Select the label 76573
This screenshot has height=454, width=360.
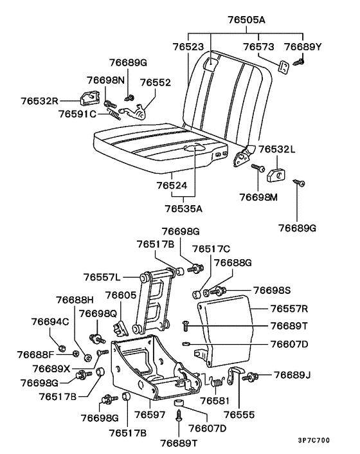pyautogui.click(x=258, y=47)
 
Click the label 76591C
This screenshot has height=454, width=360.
pyautogui.click(x=76, y=114)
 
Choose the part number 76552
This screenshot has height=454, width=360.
pyautogui.click(x=156, y=82)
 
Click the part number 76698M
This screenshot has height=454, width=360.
pyautogui.click(x=258, y=197)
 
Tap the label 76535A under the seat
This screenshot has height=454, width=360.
pyautogui.click(x=183, y=208)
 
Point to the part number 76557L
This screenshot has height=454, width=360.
pyautogui.click(x=102, y=277)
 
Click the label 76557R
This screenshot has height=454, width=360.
pyautogui.click(x=289, y=309)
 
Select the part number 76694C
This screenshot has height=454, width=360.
pyautogui.click(x=50, y=321)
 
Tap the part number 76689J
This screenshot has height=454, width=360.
pyautogui.click(x=292, y=375)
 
